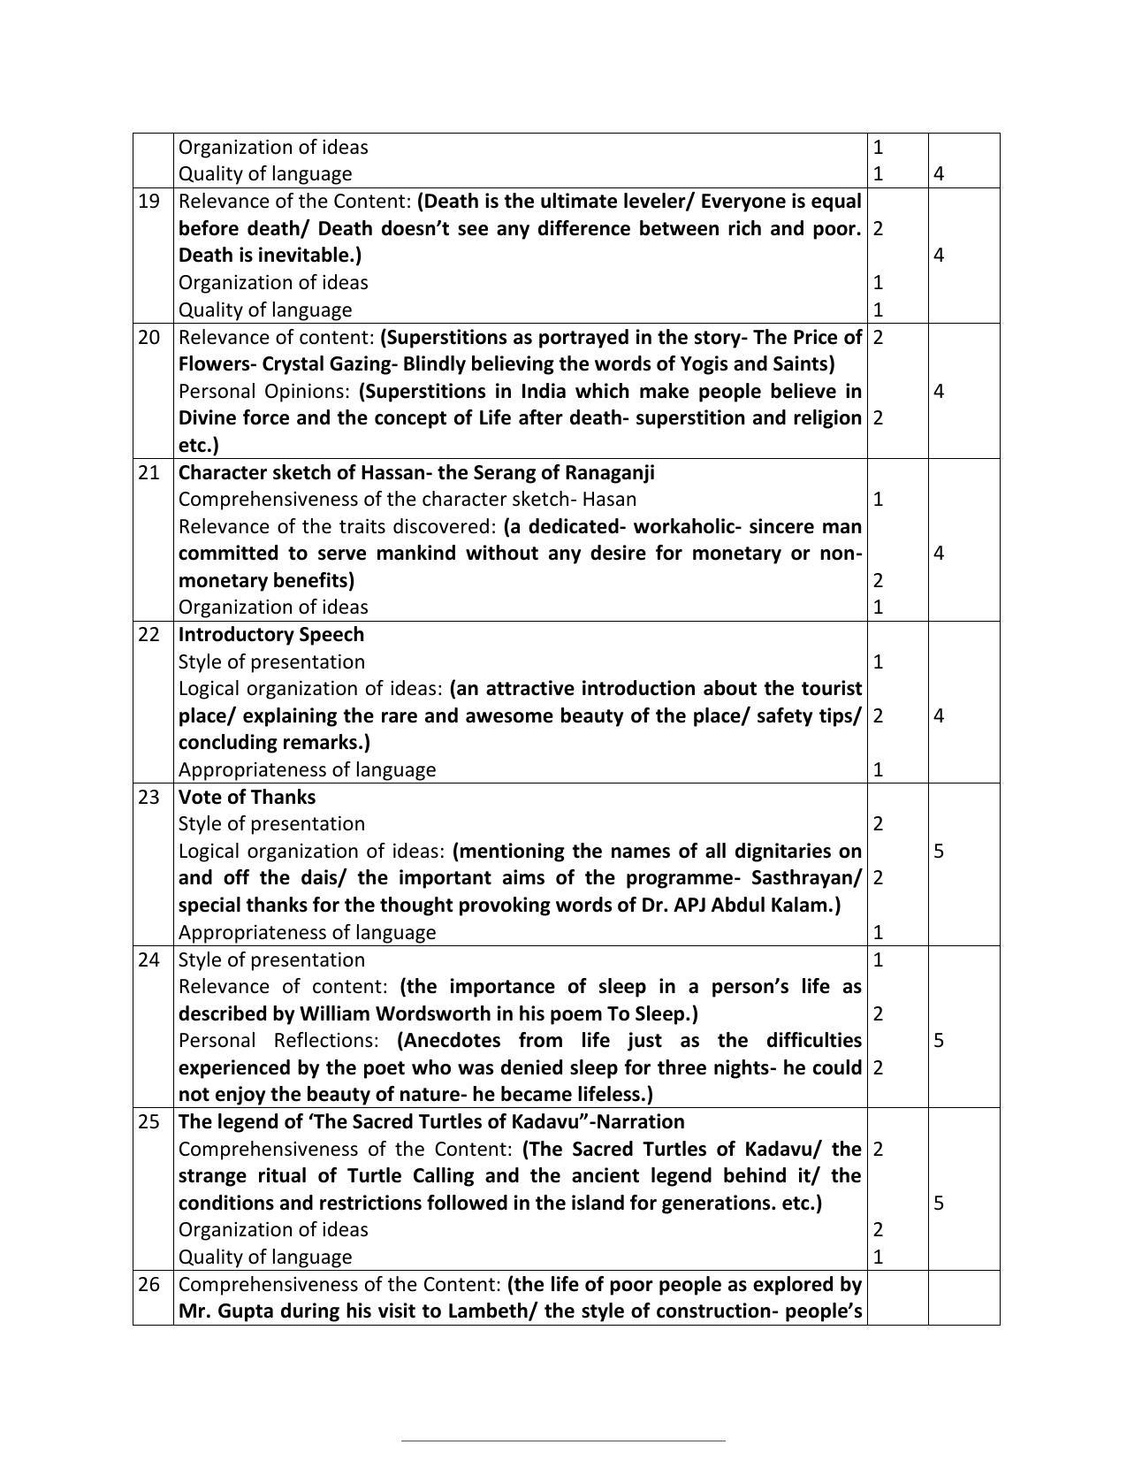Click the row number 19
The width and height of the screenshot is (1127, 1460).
tap(148, 202)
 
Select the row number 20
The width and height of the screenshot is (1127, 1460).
tap(148, 337)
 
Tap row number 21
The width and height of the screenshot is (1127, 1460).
tap(148, 472)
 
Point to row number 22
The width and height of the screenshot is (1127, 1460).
tap(148, 634)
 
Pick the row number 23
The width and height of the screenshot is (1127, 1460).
tap(148, 797)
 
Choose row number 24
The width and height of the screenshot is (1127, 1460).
tap(148, 959)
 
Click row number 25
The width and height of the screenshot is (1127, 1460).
tap(148, 1121)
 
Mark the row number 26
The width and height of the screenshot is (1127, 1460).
tap(148, 1284)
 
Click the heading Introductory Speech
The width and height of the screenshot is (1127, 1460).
tap(270, 634)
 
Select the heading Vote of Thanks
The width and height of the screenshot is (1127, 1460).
tap(247, 797)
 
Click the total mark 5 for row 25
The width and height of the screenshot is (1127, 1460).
tap(939, 1203)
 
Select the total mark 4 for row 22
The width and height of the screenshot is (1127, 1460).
tap(939, 715)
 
